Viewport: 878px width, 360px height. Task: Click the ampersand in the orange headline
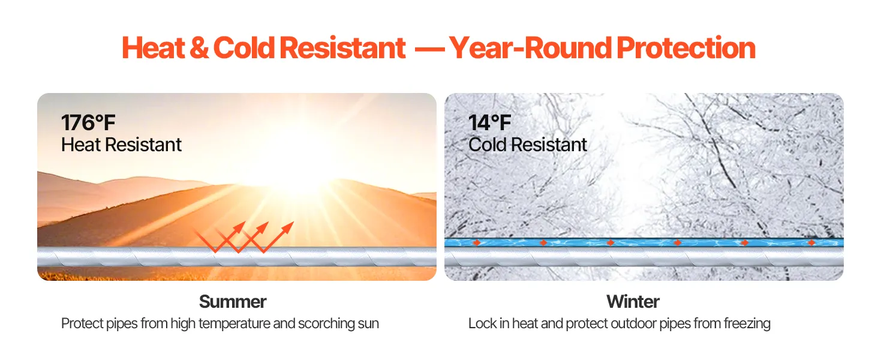pos(199,48)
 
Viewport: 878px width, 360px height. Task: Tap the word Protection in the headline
pos(686,48)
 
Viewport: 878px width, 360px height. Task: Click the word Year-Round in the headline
pos(530,48)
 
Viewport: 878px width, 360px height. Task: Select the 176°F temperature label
pos(88,123)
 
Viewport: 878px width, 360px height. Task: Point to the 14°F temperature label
pos(489,123)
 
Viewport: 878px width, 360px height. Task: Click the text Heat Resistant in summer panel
pos(121,145)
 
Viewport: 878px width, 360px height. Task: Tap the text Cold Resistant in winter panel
pos(528,145)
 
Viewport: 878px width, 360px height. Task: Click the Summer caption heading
pos(233,302)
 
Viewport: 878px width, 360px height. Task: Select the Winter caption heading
pos(633,302)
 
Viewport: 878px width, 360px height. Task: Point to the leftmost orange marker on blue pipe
pos(477,243)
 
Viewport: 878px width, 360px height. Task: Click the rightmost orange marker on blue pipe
pos(811,243)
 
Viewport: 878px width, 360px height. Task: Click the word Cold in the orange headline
pos(244,48)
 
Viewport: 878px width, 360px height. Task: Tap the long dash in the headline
pos(429,50)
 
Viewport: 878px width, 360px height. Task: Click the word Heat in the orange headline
pos(154,48)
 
